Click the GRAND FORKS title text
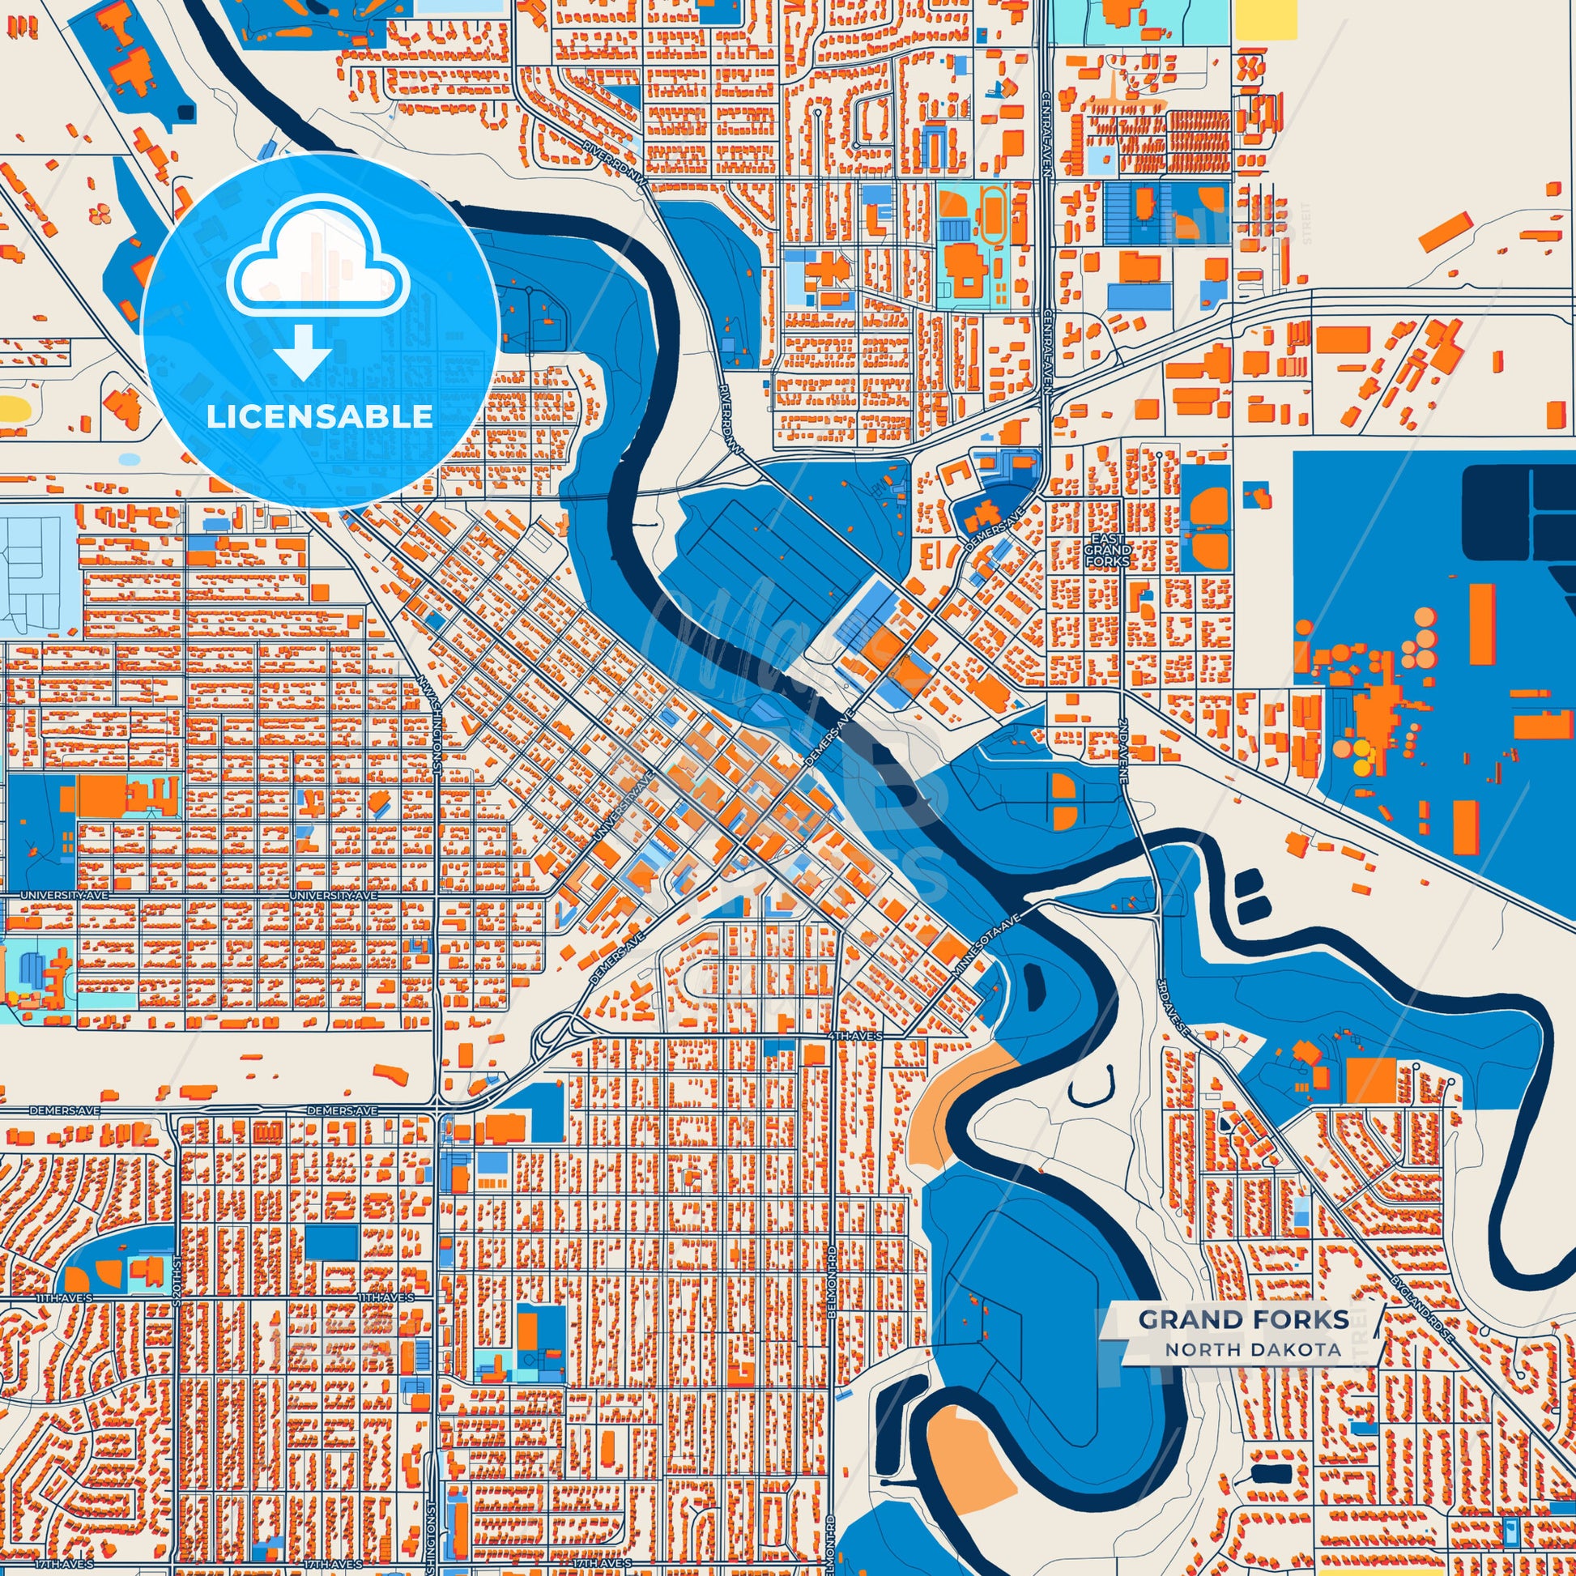[1243, 1342]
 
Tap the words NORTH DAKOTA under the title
[1252, 1373]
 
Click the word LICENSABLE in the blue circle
[319, 417]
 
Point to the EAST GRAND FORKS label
[1107, 551]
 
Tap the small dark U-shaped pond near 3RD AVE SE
[1092, 1085]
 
